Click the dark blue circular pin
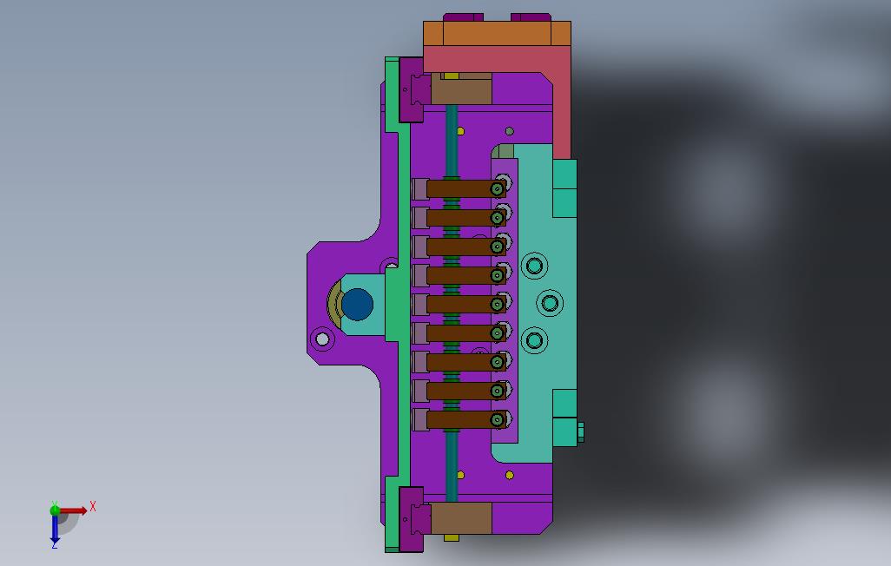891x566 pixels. tap(358, 304)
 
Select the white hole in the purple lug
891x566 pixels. tap(322, 339)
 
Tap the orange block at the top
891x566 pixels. tap(498, 34)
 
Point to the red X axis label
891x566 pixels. tap(93, 506)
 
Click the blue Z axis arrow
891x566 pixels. tap(55, 529)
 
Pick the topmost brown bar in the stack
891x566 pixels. tap(466, 188)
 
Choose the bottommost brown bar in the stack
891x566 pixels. tap(466, 419)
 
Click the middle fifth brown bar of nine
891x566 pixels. tap(466, 304)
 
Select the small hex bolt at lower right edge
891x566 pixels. tap(580, 432)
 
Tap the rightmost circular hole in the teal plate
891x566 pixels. tap(550, 304)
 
